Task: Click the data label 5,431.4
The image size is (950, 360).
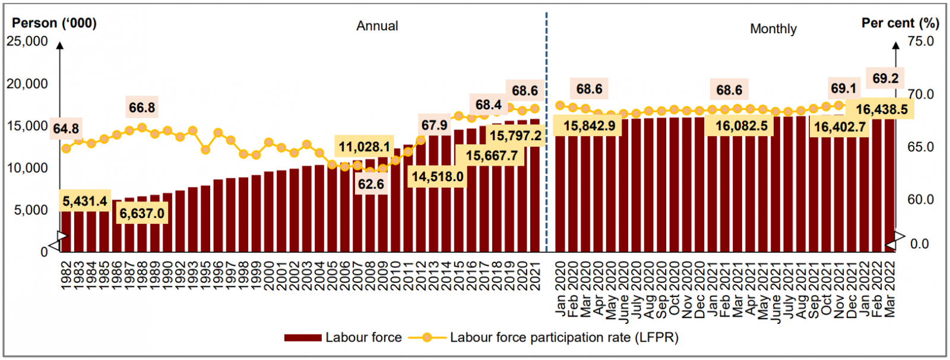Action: click(85, 201)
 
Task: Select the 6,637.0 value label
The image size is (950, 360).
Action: click(142, 213)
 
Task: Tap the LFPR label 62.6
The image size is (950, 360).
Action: click(370, 184)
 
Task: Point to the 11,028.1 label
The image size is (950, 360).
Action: click(365, 147)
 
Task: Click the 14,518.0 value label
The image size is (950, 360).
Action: click(438, 176)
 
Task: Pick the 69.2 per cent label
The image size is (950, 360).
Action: click(885, 78)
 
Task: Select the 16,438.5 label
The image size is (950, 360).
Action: click(882, 109)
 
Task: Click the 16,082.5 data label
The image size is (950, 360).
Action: click(741, 126)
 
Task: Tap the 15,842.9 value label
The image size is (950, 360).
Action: click(589, 126)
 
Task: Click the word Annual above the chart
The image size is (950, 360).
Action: click(377, 26)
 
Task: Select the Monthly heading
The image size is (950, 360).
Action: click(773, 29)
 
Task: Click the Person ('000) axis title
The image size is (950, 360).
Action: click(54, 23)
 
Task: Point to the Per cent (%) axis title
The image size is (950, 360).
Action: click(900, 23)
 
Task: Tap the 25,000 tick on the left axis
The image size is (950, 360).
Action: click(27, 42)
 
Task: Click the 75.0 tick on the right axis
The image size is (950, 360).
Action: click(920, 42)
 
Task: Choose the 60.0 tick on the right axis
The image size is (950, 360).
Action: click(920, 200)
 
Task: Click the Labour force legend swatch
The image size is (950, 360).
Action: click(302, 337)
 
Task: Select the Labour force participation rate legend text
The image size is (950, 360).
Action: click(563, 337)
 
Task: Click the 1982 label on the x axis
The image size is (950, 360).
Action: click(66, 276)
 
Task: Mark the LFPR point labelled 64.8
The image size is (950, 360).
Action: click(66, 149)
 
